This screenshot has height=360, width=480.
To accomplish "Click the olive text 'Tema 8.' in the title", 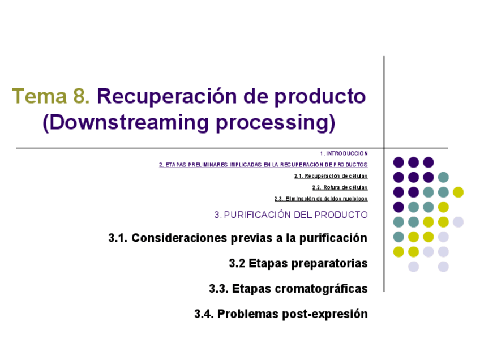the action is coord(50,97).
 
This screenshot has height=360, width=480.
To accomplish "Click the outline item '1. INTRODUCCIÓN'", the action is coord(344,153).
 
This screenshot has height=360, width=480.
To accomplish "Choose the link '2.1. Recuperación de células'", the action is coord(331,176).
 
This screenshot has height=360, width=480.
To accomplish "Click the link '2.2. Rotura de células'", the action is coord(340,187).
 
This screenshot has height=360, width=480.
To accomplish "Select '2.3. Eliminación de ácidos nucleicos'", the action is coord(320,199).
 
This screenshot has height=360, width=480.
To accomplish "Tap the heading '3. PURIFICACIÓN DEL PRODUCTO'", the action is coord(291,215).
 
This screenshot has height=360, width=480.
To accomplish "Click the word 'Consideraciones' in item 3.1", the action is coord(179,238).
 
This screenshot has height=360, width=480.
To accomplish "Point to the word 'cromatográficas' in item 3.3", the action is coord(322,289).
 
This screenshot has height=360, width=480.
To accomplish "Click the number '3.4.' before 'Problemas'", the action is coord(204,314).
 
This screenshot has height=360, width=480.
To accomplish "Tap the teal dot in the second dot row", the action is coord(443,177).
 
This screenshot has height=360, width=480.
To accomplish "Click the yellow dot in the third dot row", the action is coord(458,192).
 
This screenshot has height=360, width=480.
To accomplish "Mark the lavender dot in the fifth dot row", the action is coord(458,222).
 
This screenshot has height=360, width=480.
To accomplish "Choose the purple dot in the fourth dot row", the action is coord(398,207).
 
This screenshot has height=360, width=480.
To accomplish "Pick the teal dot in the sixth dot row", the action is coord(398,237).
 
